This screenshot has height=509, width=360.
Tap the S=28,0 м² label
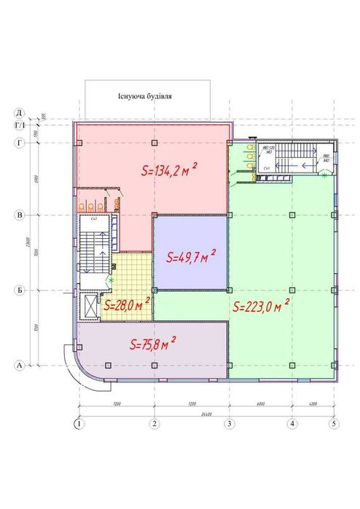click(127, 304)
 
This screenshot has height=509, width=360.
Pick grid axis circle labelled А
click(20, 365)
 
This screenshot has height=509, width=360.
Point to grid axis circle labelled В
click(20, 216)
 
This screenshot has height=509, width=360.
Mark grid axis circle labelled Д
click(20, 113)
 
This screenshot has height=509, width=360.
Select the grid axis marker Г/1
click(20, 125)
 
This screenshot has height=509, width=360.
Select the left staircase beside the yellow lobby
click(93, 252)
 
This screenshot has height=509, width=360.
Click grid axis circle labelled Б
click(20, 291)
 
